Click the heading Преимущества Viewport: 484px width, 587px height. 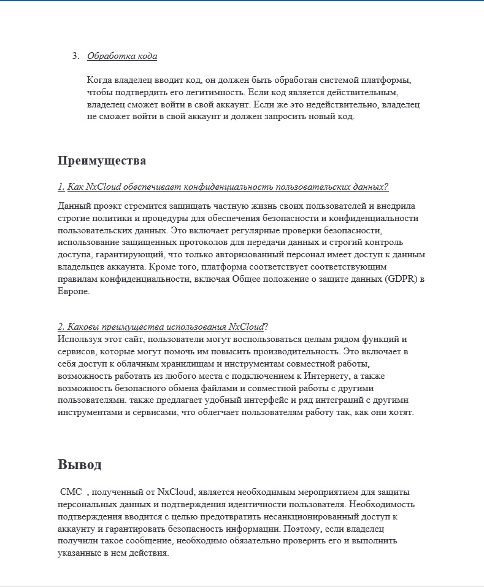102,161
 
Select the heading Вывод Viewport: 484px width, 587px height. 80,464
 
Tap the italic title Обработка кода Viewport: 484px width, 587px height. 122,56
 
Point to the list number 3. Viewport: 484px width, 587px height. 75,56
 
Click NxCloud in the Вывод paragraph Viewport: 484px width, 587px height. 176,492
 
